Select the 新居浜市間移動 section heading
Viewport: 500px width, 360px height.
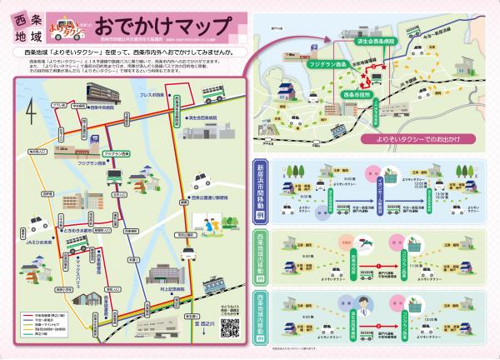pos(259,192)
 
